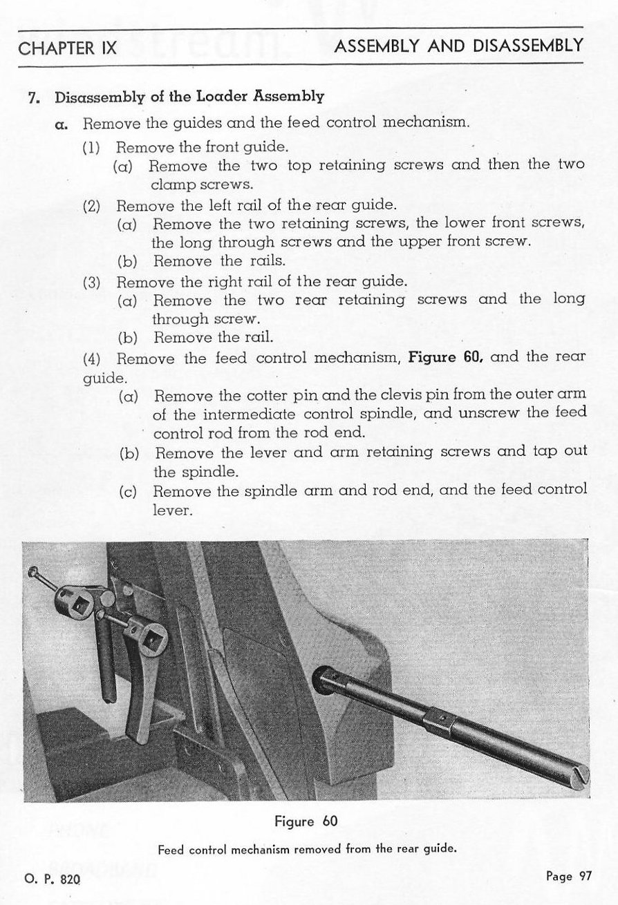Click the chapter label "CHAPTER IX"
pyautogui.click(x=68, y=48)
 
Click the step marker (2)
pyautogui.click(x=93, y=206)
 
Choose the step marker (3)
pyautogui.click(x=93, y=282)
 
